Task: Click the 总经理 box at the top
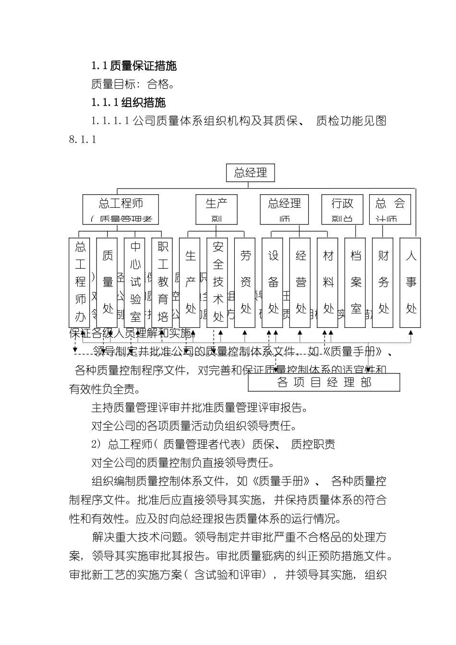point(250,173)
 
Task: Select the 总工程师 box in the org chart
point(120,209)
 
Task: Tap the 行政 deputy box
point(342,209)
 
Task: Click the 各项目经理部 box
point(324,382)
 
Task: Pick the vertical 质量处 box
point(108,282)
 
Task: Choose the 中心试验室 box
point(135,282)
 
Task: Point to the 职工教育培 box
point(163,282)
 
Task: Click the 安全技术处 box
point(218,282)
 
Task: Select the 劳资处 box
point(245,282)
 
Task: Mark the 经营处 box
point(300,282)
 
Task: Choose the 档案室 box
point(355,282)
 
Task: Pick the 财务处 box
point(383,282)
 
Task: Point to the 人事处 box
point(411,282)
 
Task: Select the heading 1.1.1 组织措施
point(128,103)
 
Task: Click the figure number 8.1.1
point(83,140)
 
